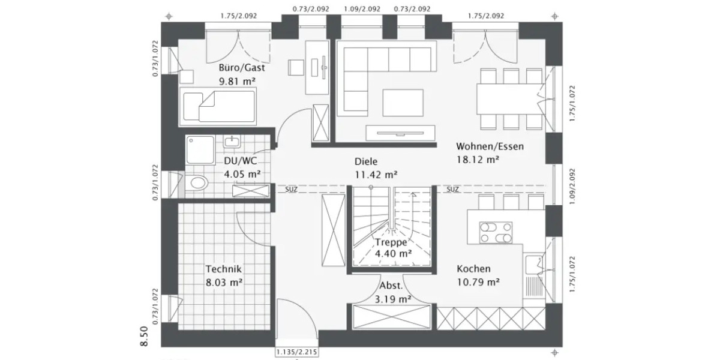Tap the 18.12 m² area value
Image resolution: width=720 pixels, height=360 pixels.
pos(478,160)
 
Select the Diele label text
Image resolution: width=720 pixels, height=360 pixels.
pos(366,161)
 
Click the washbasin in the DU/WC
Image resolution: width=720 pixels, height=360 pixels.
pos(232,142)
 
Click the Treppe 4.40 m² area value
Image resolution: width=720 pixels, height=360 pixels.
pos(392,254)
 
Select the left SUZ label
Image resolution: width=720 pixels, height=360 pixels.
pos(291,190)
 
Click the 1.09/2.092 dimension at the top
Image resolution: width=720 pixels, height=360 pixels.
pos(362,9)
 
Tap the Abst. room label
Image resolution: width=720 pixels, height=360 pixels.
pos(390,286)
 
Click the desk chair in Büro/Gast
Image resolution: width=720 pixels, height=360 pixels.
pos(296,67)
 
